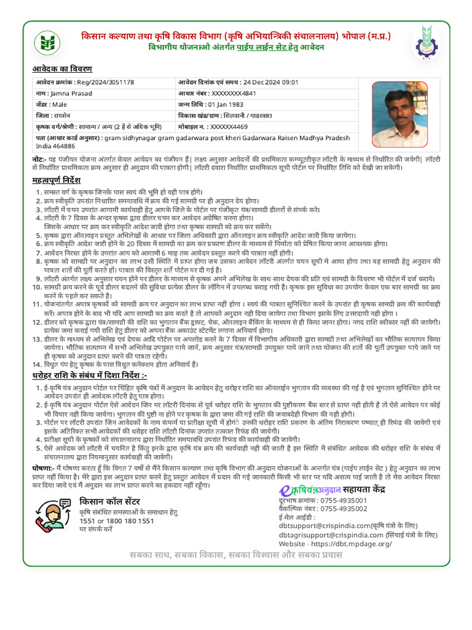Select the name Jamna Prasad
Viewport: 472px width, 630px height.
(71, 94)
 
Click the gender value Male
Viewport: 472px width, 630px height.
(60, 105)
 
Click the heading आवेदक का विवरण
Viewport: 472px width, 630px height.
(62, 69)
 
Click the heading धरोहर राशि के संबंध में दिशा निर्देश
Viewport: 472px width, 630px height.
(89, 375)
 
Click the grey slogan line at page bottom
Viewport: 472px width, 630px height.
(235, 555)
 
